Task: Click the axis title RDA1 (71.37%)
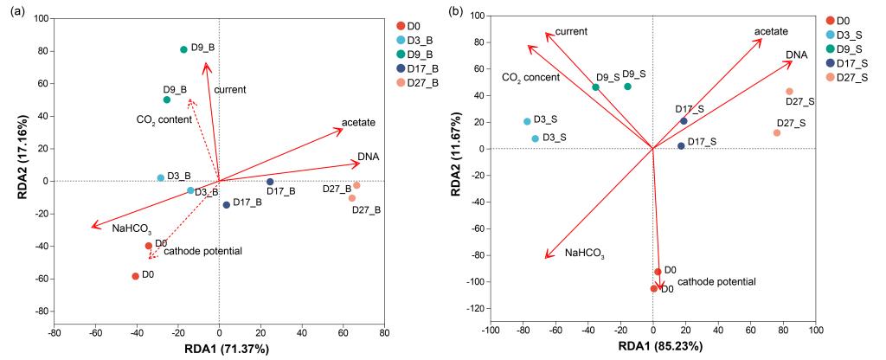(218, 349)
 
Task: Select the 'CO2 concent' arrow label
(530, 77)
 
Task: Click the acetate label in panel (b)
(771, 32)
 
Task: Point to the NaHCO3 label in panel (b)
(583, 254)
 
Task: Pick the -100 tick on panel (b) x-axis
(491, 331)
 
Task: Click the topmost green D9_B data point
(183, 49)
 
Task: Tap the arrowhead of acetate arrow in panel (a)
(343, 129)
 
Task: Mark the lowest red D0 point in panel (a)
(135, 276)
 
